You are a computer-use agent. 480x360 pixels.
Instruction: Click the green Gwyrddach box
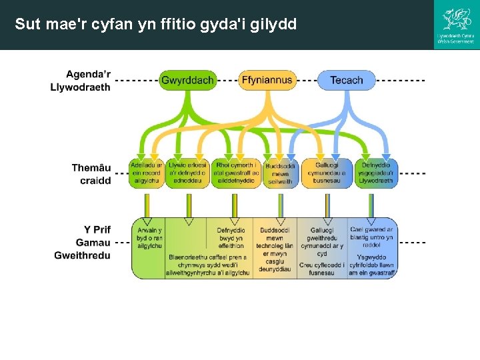187,81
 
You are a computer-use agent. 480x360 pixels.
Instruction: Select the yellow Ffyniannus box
267,81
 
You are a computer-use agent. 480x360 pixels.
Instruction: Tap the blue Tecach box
346,81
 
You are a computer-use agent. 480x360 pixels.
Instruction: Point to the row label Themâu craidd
91,173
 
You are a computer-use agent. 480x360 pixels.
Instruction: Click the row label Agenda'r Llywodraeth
81,80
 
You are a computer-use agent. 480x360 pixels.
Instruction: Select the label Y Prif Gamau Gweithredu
83,242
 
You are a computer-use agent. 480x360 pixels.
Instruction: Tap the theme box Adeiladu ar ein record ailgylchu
146,173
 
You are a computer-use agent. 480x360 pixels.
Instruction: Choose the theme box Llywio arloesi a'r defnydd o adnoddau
187,173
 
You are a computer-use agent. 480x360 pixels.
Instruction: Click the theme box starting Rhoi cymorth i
235,173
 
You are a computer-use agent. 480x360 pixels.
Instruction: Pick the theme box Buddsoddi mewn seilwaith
280,173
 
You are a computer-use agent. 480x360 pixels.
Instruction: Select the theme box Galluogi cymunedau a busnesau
327,173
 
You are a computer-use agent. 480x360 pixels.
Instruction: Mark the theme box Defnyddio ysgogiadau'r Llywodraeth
376,173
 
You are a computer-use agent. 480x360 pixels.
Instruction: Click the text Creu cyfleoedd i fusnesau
322,268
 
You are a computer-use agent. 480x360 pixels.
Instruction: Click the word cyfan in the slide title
107,25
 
